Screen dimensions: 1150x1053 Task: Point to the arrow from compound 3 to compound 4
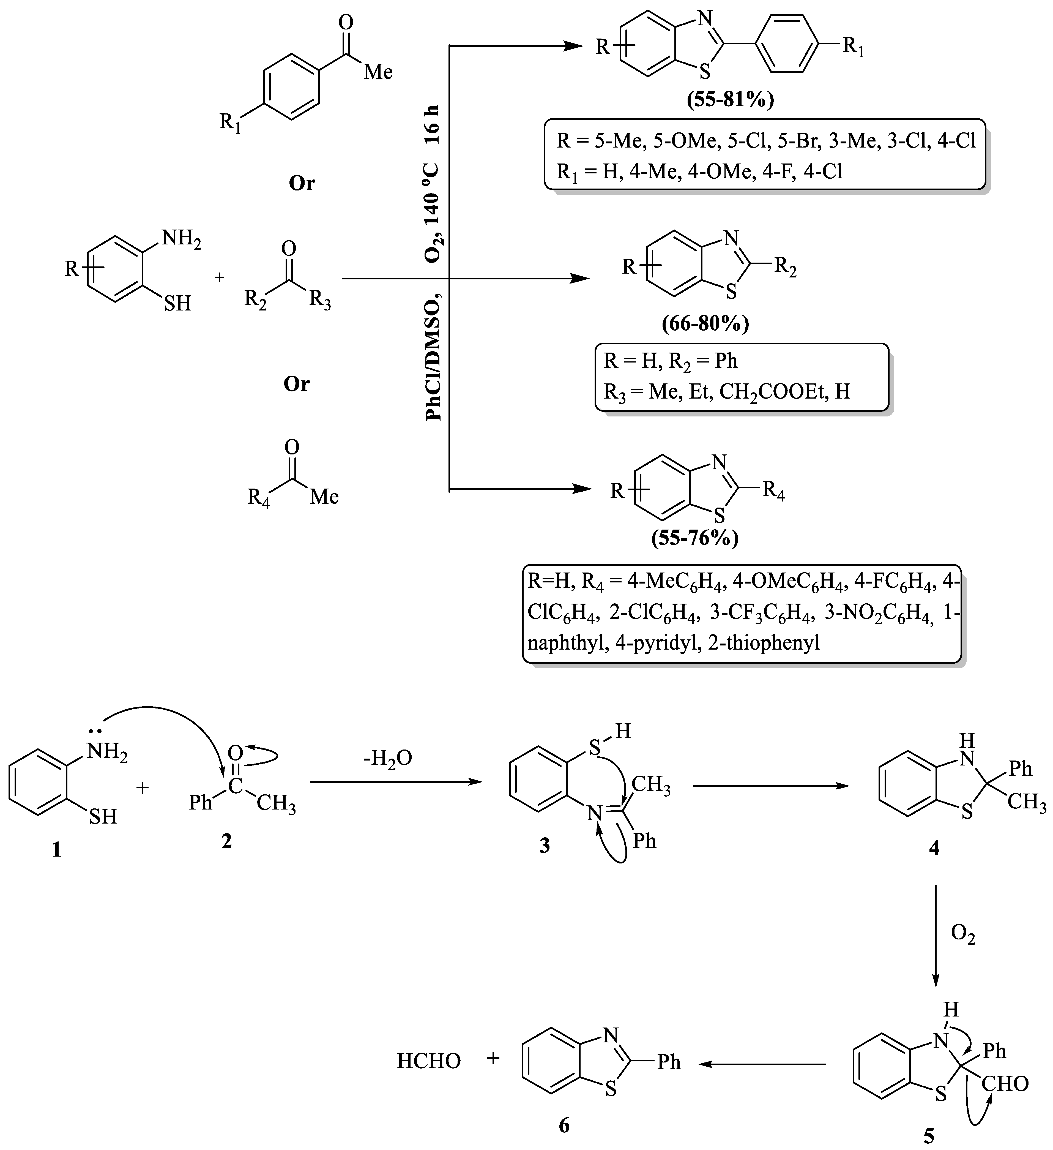point(771,786)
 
